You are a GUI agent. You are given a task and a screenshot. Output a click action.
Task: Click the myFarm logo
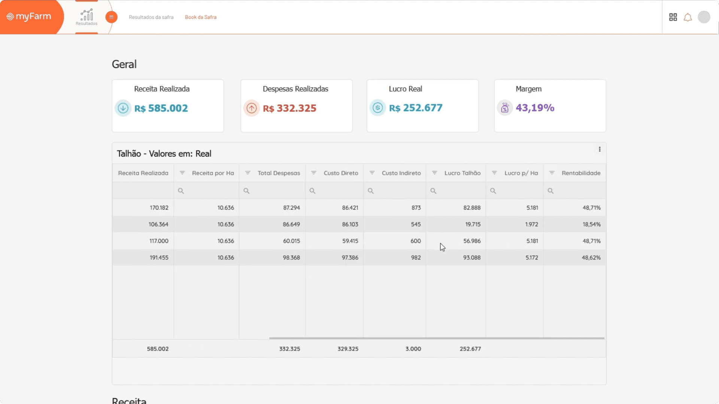(29, 16)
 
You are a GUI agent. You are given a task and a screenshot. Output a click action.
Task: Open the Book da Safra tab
(201, 17)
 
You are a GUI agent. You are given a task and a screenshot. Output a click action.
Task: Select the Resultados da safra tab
(151, 17)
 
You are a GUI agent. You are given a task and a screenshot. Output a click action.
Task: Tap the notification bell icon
(688, 17)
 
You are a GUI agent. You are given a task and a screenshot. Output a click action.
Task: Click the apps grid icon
(673, 17)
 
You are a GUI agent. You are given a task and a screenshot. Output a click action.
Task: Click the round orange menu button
(111, 17)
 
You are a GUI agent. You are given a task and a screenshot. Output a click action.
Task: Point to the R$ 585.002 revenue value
(161, 108)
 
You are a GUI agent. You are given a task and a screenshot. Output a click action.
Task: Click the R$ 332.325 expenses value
(289, 108)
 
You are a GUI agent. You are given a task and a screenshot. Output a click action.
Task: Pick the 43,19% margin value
(535, 108)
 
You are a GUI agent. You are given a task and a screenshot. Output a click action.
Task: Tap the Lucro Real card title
(405, 89)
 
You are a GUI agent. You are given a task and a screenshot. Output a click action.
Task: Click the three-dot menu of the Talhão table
(600, 149)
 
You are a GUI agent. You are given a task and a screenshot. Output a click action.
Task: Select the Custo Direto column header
(341, 173)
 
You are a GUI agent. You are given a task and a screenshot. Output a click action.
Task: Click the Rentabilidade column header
(581, 173)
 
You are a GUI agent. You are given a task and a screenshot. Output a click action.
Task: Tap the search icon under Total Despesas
(246, 191)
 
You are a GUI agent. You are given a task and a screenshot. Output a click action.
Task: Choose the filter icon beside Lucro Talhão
(434, 173)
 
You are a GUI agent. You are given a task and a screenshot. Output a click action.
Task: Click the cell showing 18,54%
(591, 224)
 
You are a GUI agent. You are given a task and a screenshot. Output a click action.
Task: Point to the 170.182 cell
(159, 208)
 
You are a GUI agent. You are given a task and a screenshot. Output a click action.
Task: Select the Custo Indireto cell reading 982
(416, 258)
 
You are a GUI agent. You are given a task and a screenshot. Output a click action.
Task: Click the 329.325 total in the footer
(348, 349)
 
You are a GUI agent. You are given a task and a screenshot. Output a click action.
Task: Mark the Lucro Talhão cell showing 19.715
(473, 224)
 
